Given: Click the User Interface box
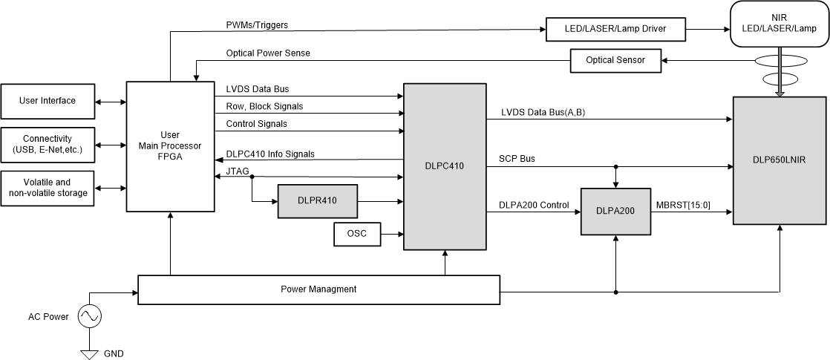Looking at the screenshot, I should click(x=48, y=101).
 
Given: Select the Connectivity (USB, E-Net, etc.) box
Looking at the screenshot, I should click(x=48, y=144).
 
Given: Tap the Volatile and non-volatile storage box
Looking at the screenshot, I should click(x=48, y=188).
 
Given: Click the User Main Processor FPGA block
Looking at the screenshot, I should click(x=170, y=145).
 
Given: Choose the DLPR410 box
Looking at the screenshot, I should click(x=318, y=200).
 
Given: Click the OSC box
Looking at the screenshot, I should click(x=356, y=235).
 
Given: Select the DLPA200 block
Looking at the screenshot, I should click(x=615, y=212).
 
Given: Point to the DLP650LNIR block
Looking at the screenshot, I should click(x=780, y=160).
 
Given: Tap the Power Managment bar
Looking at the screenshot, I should click(x=318, y=289).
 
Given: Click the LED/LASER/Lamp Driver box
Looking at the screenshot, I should click(x=615, y=29).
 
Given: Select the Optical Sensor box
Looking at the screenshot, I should click(x=615, y=60).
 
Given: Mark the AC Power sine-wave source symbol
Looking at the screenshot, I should click(x=89, y=317).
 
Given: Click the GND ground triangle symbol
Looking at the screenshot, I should click(x=89, y=355).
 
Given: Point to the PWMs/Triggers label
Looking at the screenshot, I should click(x=257, y=25).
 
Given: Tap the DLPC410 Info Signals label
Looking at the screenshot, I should click(x=270, y=154).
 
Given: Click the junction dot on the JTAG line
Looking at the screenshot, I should click(x=252, y=177).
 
